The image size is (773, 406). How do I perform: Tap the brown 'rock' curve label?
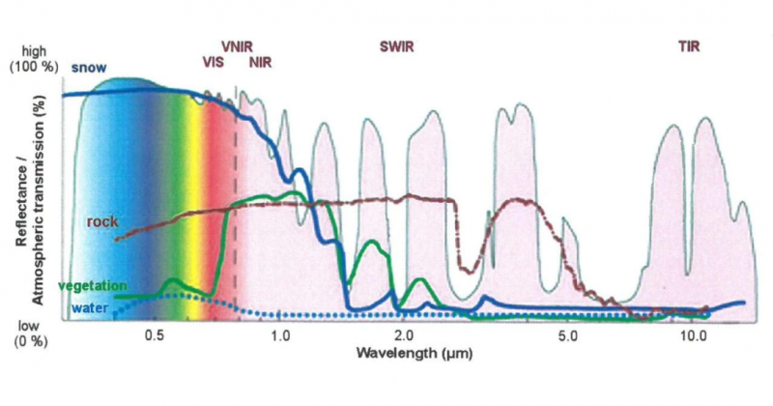102,221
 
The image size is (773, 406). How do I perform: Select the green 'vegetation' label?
93,287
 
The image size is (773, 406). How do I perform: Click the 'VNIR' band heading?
239,44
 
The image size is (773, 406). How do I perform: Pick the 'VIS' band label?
214,62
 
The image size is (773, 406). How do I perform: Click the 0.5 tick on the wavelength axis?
154,336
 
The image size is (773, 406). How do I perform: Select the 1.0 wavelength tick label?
278,336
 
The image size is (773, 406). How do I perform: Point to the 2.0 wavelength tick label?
404,336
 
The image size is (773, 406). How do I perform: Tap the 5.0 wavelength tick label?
568,336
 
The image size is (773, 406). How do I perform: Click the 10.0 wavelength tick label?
693,336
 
